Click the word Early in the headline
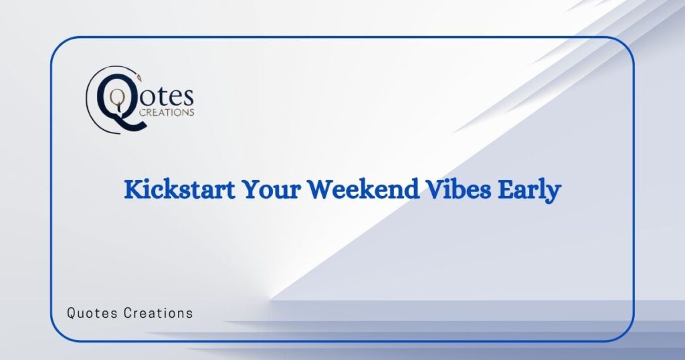[530, 191]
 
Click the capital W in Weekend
[320, 191]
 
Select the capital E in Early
[508, 191]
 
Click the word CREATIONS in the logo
[166, 112]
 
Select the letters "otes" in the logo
[167, 97]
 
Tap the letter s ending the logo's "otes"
[189, 98]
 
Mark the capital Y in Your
[250, 191]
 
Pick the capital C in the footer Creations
[128, 312]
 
